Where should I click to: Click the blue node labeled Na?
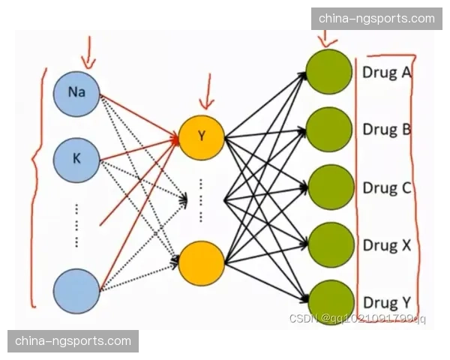[x=76, y=93]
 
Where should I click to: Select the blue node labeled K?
[x=76, y=159]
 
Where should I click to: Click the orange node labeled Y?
[x=201, y=136]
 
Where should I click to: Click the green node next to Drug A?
[x=329, y=73]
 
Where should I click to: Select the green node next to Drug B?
[x=330, y=130]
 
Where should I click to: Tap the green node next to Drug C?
[x=330, y=187]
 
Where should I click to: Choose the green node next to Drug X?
[x=330, y=244]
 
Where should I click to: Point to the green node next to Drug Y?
[x=330, y=301]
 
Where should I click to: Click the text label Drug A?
[x=386, y=73]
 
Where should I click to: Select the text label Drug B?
[x=386, y=129]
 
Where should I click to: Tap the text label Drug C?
[x=386, y=187]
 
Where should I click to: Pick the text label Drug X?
[x=386, y=245]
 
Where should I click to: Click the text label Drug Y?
[x=386, y=302]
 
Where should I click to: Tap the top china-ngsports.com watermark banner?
[x=376, y=18]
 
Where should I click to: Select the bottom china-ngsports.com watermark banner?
[x=73, y=341]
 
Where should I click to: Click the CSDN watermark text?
[x=357, y=318]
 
